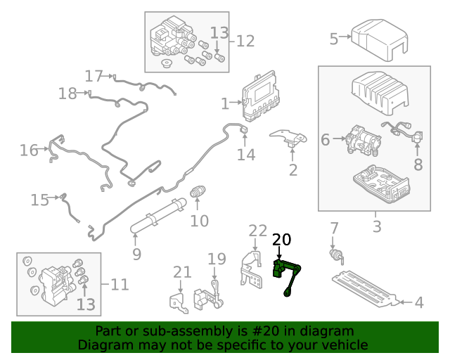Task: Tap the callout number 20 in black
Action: coord(281,240)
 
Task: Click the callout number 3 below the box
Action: coord(377,227)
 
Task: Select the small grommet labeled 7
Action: coord(335,254)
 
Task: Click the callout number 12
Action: coord(245,41)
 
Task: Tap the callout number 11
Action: coord(120,285)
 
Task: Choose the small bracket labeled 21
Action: coord(177,301)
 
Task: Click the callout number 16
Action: coord(29,150)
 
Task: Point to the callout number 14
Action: coord(245,155)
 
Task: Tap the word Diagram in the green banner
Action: coord(103,345)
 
